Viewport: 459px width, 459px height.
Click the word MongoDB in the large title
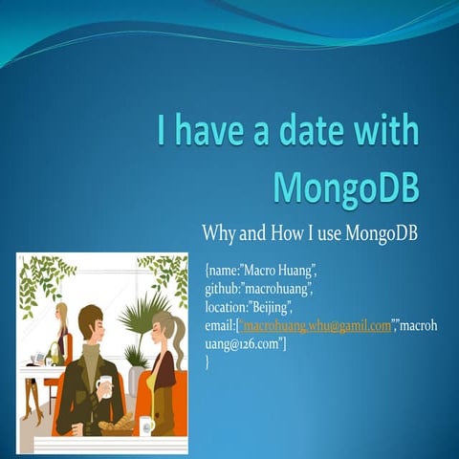(x=346, y=186)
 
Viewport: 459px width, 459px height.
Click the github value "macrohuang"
(x=276, y=289)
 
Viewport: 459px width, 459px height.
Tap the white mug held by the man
(x=104, y=384)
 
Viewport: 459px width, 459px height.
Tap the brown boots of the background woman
(x=34, y=402)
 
